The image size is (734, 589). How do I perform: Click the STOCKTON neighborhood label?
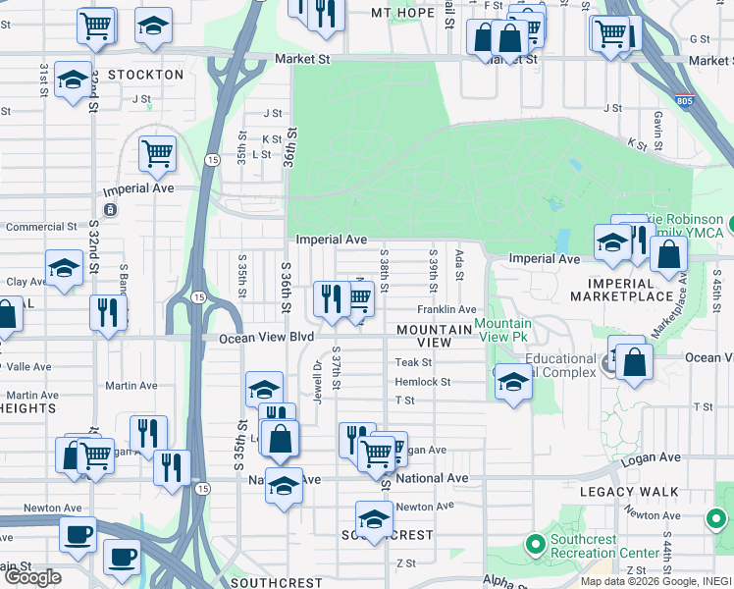(x=145, y=75)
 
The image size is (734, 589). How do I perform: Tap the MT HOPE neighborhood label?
(x=402, y=13)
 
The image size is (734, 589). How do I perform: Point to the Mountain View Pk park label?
(x=503, y=330)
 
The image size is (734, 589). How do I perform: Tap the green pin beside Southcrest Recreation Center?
(x=535, y=543)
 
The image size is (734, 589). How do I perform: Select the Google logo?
(x=32, y=577)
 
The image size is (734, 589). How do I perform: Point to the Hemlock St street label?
(x=422, y=382)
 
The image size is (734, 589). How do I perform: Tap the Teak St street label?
(x=406, y=362)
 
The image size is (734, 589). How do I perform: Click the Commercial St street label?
(x=41, y=227)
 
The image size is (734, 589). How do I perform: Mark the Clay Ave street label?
(x=27, y=282)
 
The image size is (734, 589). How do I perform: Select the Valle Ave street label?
(x=28, y=366)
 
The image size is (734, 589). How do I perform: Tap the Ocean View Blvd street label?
(x=258, y=337)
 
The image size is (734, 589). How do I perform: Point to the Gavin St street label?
(x=659, y=122)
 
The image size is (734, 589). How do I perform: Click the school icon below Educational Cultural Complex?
(x=512, y=382)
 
